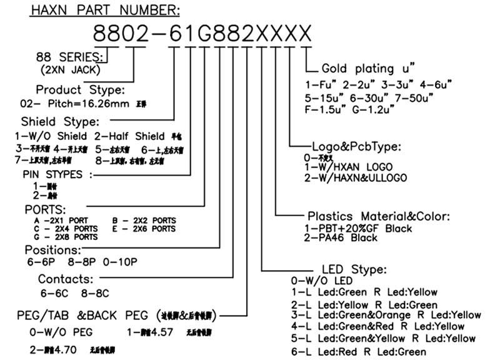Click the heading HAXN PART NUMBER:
[x=105, y=10]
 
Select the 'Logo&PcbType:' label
[x=356, y=147]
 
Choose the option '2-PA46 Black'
[x=340, y=237]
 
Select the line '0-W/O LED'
[x=319, y=281]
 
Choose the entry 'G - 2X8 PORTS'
[x=66, y=237]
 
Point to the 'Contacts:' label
[x=66, y=279]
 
